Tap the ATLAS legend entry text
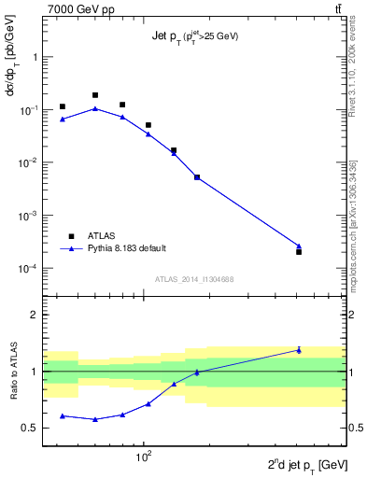pyautogui.click(x=103, y=236)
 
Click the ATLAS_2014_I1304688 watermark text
pyautogui.click(x=193, y=279)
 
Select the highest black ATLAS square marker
pyautogui.click(x=95, y=95)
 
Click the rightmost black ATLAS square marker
pyautogui.click(x=299, y=252)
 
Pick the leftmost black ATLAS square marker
pyautogui.click(x=63, y=106)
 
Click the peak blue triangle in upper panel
pyautogui.click(x=95, y=108)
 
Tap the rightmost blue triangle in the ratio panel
pyautogui.click(x=299, y=350)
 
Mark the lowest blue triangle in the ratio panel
pyautogui.click(x=95, y=419)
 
